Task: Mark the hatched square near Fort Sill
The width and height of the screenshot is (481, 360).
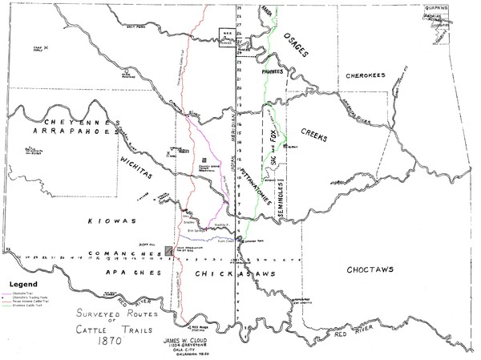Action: tap(167, 251)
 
